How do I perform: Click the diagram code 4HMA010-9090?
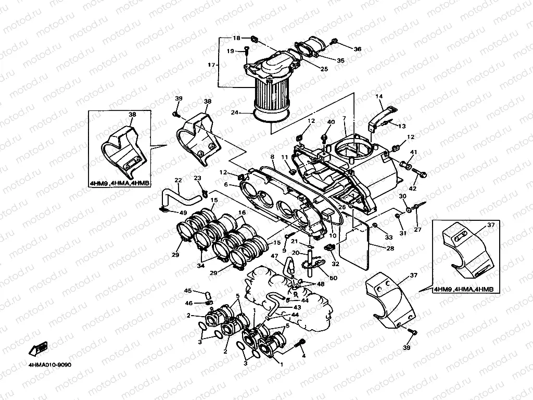50,364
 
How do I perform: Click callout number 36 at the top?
357,49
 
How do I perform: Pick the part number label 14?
378,96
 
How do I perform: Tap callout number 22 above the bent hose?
178,181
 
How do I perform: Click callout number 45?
188,291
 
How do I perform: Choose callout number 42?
412,189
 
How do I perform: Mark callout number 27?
416,229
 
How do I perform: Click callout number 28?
390,248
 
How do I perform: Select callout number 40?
330,122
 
